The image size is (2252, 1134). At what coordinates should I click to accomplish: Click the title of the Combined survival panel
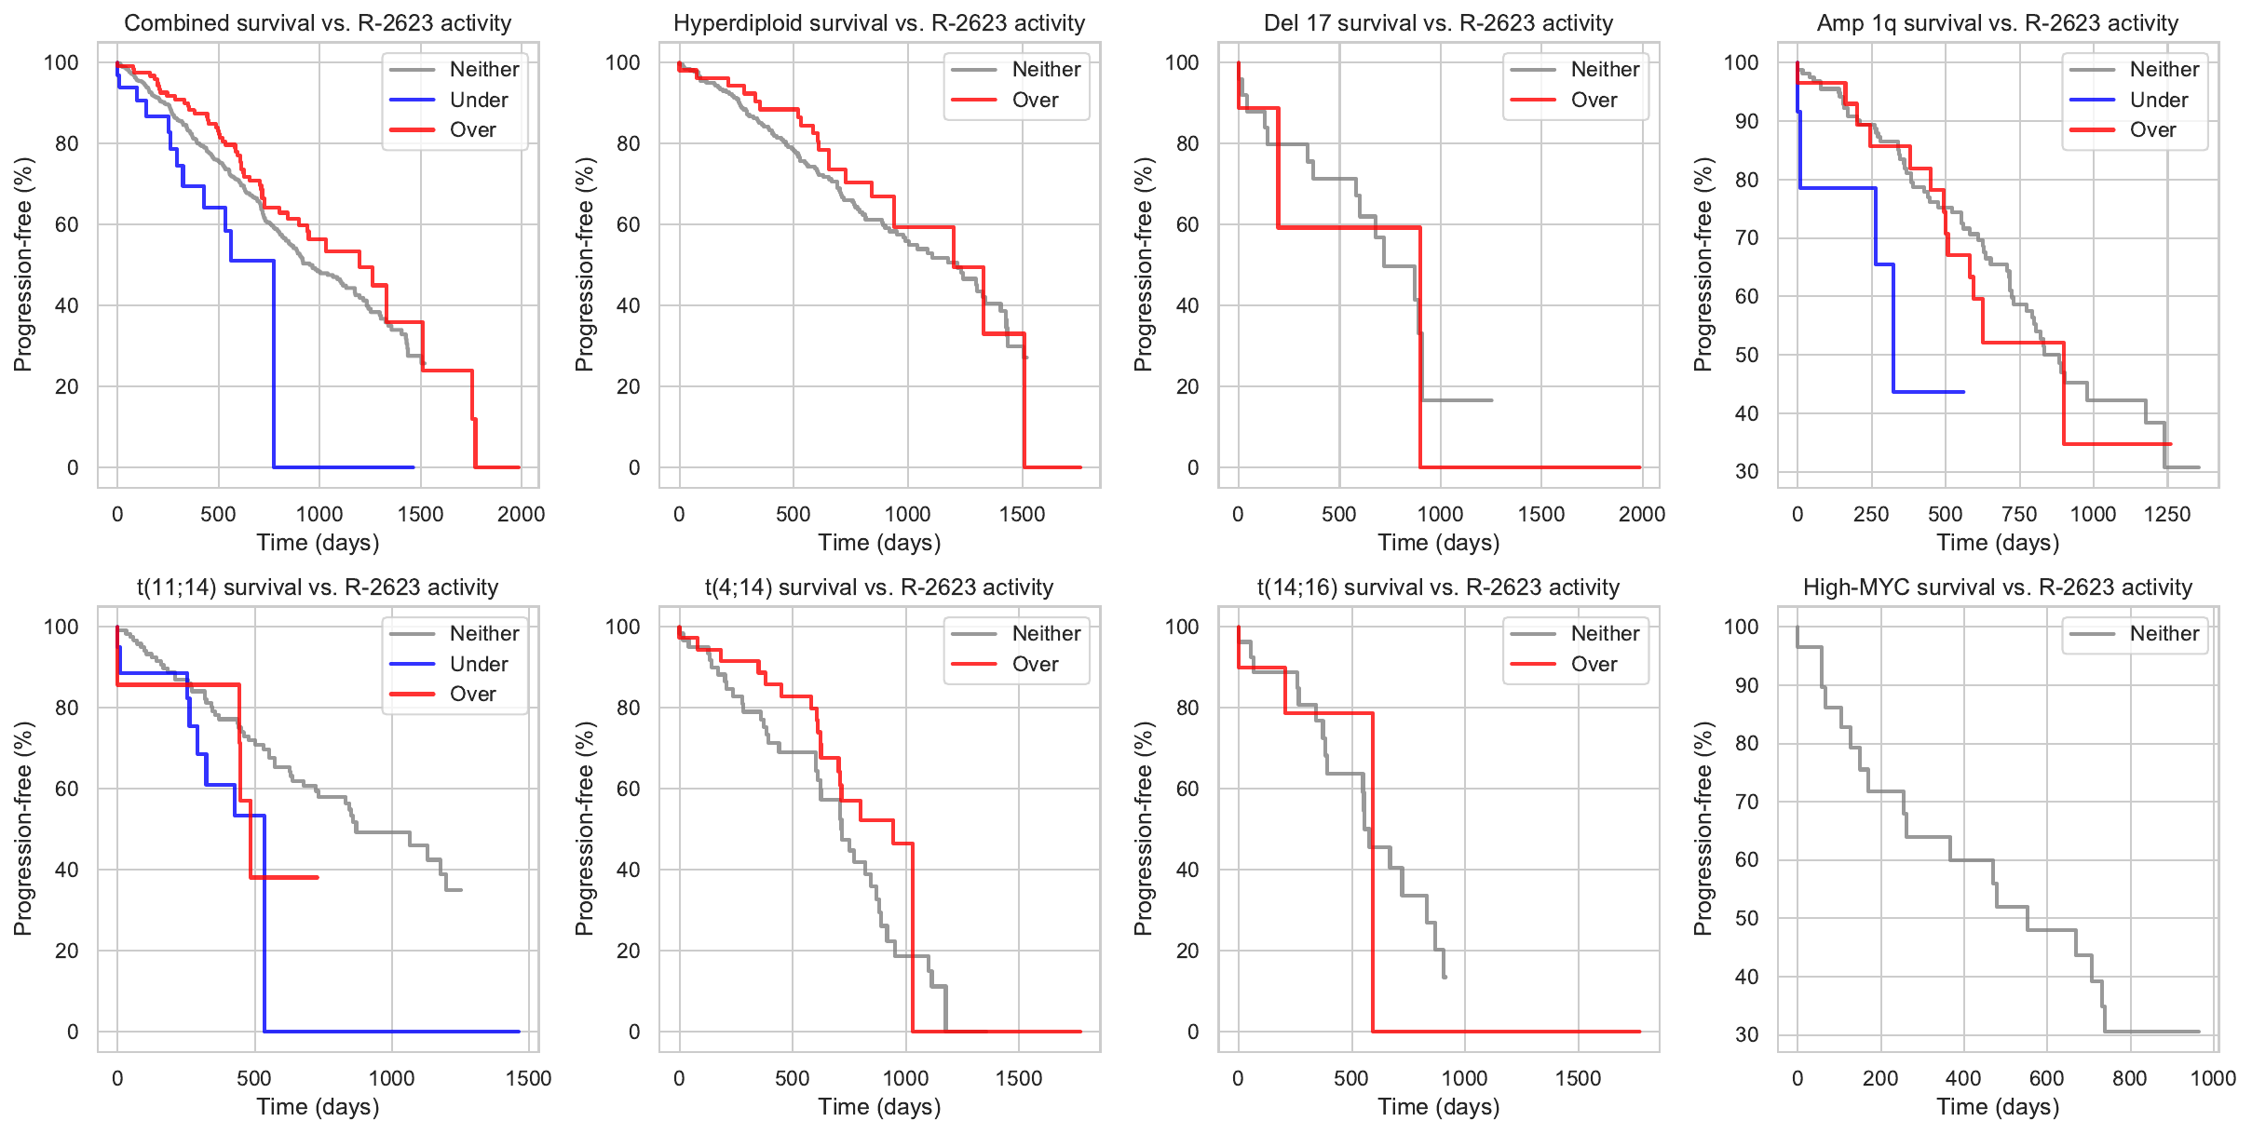point(318,23)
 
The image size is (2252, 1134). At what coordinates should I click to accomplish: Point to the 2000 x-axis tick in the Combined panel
point(521,514)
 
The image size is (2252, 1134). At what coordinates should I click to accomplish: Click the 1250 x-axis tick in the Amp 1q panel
point(2167,514)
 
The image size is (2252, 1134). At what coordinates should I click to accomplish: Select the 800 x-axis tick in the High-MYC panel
point(2130,1078)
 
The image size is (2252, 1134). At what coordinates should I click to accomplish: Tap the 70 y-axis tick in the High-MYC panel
point(1741,802)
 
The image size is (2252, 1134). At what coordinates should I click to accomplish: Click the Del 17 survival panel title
point(1438,23)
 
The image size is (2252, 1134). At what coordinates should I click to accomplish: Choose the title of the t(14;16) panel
point(1438,587)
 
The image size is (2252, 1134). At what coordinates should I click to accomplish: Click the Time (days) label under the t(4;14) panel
point(879,1106)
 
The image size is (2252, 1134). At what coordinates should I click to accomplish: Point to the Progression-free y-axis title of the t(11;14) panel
point(23,829)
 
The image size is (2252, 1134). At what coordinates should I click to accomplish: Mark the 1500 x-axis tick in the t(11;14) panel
point(528,1078)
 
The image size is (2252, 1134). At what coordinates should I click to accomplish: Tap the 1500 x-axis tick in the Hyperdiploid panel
point(1023,514)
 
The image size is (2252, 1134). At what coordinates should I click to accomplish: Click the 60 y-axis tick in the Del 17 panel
point(1187,224)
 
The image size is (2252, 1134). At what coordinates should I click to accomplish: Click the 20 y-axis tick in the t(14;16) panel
point(1187,951)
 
